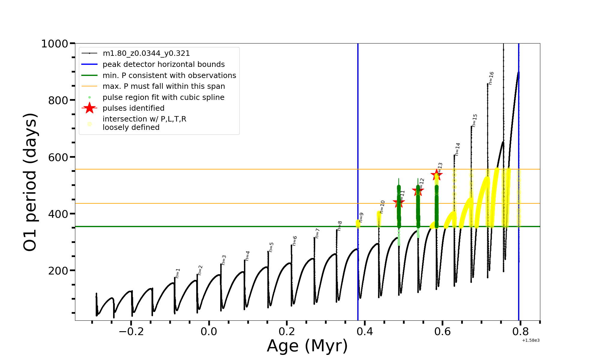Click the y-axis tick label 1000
click(x=55, y=44)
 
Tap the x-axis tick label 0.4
click(x=364, y=331)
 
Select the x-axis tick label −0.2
click(x=131, y=331)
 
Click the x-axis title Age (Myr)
click(x=307, y=346)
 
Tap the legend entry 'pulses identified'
click(x=133, y=108)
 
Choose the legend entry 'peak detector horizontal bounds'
click(x=163, y=64)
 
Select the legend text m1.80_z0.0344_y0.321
click(x=146, y=53)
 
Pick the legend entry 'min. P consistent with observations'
click(x=169, y=76)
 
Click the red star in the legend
click(x=89, y=108)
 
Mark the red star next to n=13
click(x=436, y=175)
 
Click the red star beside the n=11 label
click(x=399, y=202)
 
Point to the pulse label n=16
click(x=491, y=78)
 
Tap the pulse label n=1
click(x=178, y=273)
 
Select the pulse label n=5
click(x=271, y=247)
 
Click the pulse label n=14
click(x=457, y=149)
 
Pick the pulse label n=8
click(x=340, y=226)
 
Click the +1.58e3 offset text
click(x=531, y=340)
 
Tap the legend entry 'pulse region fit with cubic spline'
click(x=163, y=97)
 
